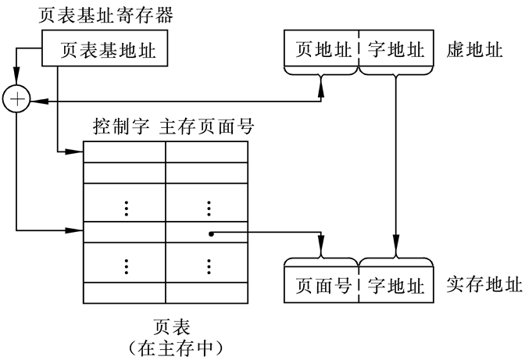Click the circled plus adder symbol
coord(16,100)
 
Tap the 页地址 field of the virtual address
coord(321,50)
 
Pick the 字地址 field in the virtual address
coord(395,50)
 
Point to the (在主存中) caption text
coord(173,344)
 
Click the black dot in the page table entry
coord(211,233)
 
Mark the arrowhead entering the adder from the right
coord(34,101)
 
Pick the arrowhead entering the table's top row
coord(78,151)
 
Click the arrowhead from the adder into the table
coord(78,231)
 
